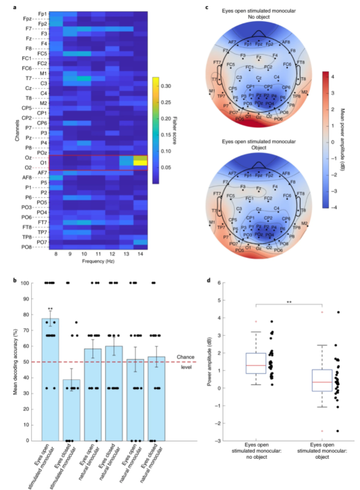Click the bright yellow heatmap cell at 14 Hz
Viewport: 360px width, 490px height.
(x=140, y=162)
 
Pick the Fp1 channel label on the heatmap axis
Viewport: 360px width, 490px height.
(x=42, y=13)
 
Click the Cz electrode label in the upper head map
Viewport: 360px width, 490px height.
(x=259, y=78)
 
